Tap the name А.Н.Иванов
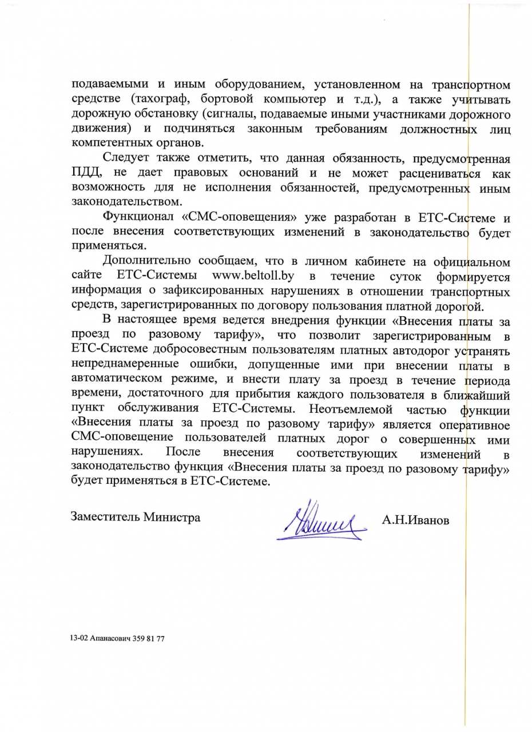(x=416, y=520)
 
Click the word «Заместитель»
(x=105, y=517)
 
